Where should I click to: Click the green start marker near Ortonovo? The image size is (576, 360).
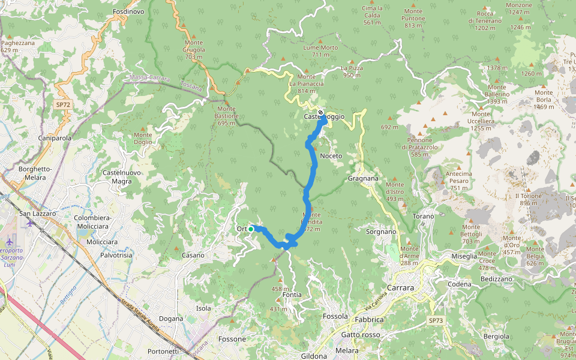251,229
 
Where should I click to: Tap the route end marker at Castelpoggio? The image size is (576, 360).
321,112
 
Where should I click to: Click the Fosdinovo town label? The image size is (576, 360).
128,12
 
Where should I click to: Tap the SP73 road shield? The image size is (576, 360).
436,321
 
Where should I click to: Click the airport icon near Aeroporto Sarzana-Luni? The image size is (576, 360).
29,224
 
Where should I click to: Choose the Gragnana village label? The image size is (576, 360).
363,178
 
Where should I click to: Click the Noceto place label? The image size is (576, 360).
331,156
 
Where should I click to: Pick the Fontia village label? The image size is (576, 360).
292,295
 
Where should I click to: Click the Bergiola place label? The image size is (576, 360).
496,336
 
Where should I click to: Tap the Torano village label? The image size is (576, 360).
424,216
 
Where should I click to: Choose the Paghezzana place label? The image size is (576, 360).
17,46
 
